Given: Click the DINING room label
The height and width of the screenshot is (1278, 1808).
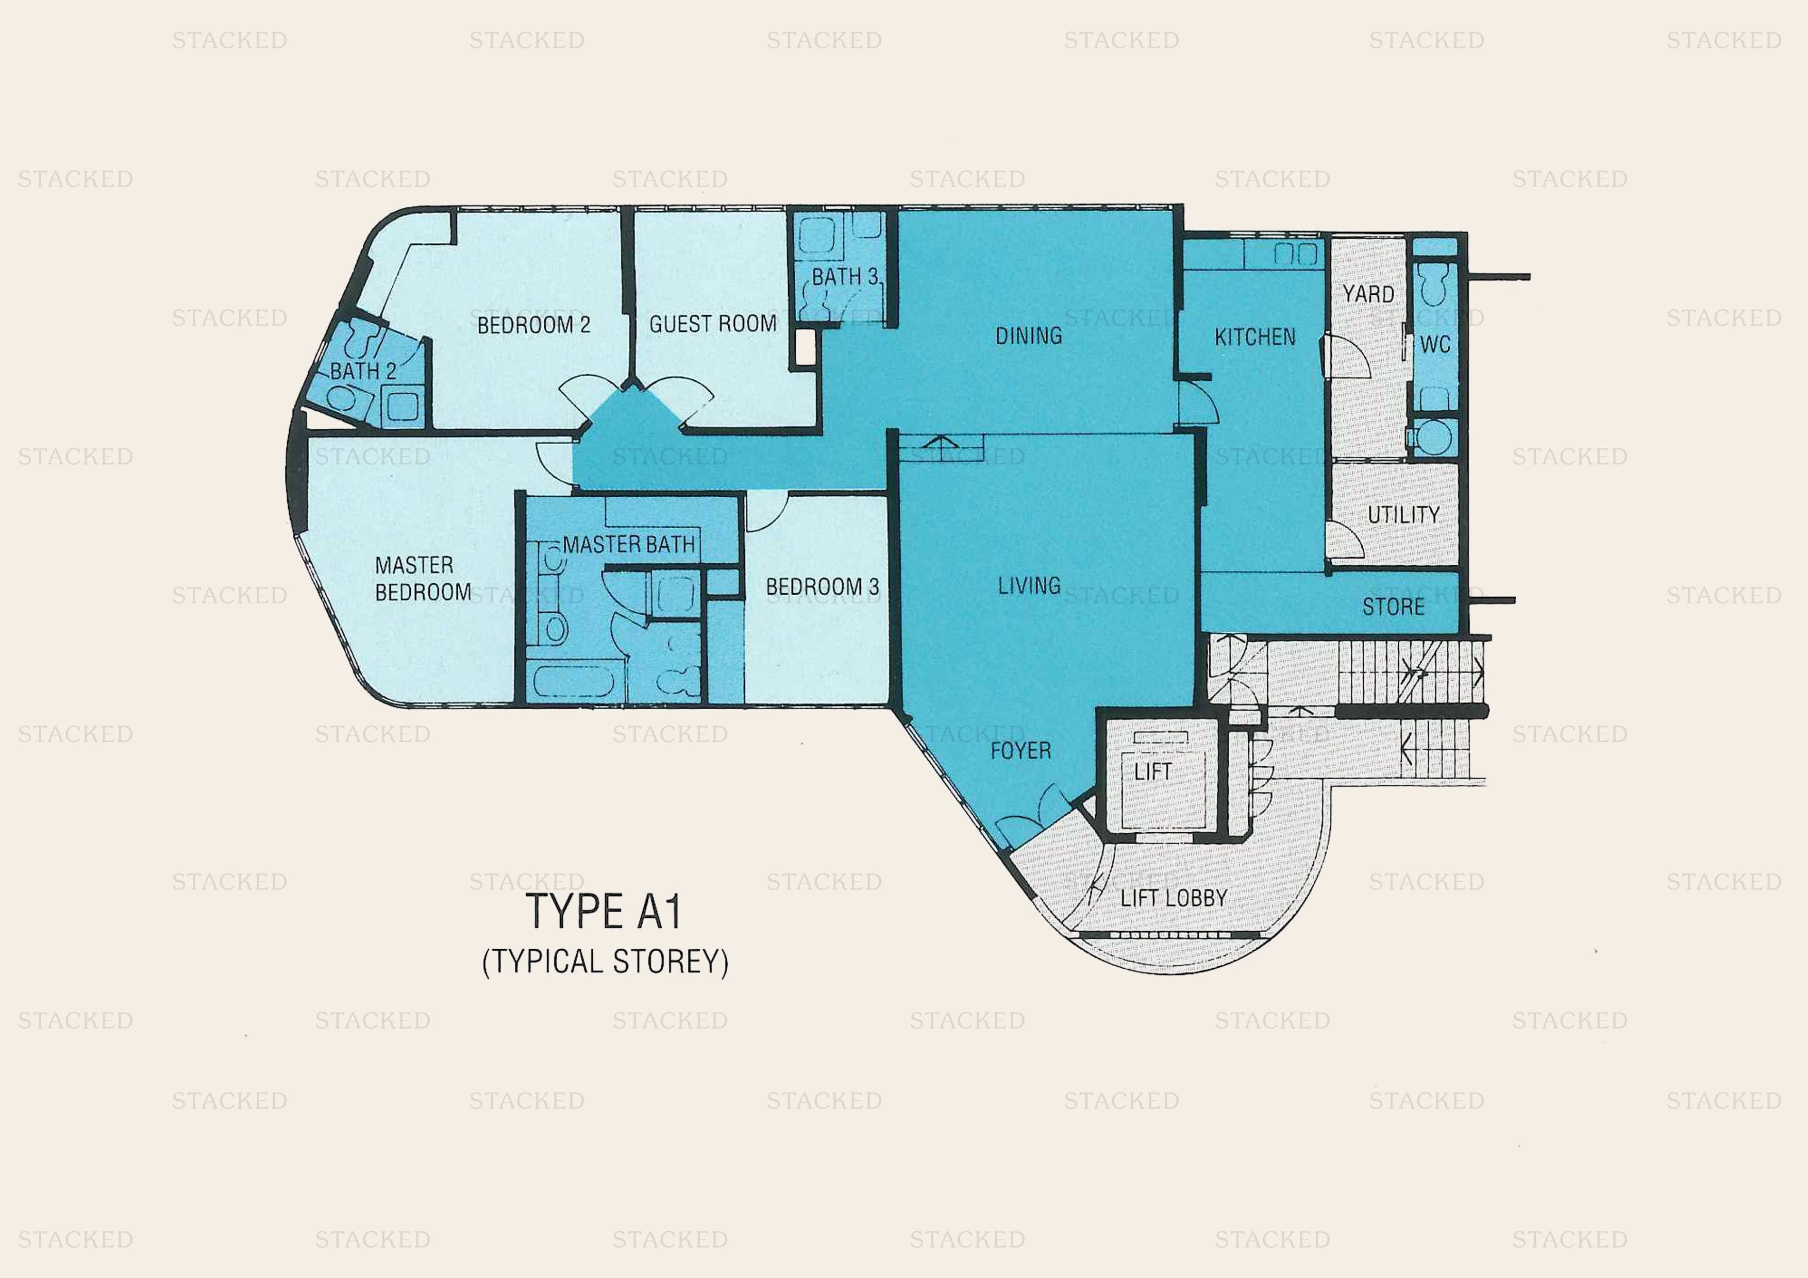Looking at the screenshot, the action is point(1028,336).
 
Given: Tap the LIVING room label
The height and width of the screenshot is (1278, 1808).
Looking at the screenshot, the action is point(1029,586).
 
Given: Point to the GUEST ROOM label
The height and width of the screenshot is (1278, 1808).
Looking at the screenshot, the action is point(713,324).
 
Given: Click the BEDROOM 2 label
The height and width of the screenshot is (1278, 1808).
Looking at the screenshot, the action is point(534,325).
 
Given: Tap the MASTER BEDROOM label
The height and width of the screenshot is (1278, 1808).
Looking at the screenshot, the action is point(423,579).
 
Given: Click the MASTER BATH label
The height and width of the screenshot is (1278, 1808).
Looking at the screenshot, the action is point(628,545).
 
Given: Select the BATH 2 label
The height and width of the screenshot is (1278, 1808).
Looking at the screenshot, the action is point(363,371).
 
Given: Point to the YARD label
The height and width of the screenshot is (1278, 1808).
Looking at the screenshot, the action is point(1368,294).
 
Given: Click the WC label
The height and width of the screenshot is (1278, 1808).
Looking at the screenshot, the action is point(1435,345).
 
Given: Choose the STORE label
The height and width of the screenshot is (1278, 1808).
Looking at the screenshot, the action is point(1393,607).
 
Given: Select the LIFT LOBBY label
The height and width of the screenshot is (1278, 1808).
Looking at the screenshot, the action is point(1174,898).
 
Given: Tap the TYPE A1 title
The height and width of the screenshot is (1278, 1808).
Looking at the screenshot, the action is point(603,912).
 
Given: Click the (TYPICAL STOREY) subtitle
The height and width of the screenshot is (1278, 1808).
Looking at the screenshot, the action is point(605,962).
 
